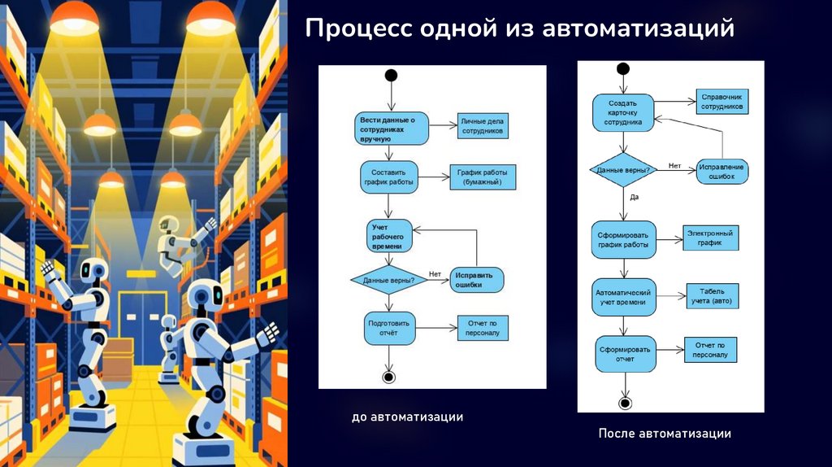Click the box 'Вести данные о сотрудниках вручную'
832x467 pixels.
tap(388, 129)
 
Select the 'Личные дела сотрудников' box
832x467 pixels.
tap(483, 125)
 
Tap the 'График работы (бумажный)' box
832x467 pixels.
tap(483, 177)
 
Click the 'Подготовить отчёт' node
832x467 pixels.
tap(388, 328)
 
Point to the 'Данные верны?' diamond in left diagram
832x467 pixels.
tap(388, 280)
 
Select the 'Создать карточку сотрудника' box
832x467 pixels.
tap(624, 113)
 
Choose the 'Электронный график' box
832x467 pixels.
tap(710, 238)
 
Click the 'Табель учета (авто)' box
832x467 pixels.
tap(713, 296)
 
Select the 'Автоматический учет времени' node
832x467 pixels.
tap(624, 297)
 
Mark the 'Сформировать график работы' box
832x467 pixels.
tap(624, 240)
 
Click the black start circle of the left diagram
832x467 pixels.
tap(391, 76)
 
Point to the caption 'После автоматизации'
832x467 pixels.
tap(665, 434)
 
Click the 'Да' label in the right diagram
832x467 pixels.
tap(634, 197)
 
